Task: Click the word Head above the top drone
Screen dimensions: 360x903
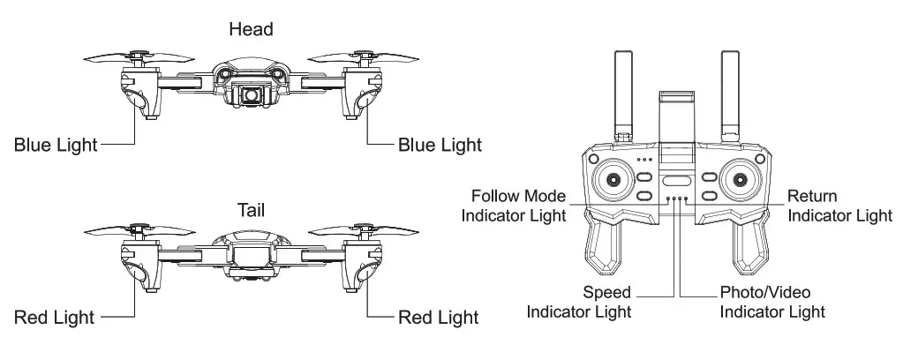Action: click(x=251, y=29)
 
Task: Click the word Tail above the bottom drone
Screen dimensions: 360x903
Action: click(x=251, y=211)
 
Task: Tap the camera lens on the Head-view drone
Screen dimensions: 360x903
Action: click(x=252, y=93)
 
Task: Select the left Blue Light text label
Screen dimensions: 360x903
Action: click(x=56, y=143)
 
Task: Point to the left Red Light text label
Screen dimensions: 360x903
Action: click(x=54, y=316)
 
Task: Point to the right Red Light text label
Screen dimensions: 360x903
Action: click(x=439, y=316)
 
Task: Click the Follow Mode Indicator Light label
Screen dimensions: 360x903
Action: click(x=519, y=205)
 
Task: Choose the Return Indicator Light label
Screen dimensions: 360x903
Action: click(x=839, y=205)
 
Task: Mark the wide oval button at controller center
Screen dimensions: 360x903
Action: click(x=675, y=180)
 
